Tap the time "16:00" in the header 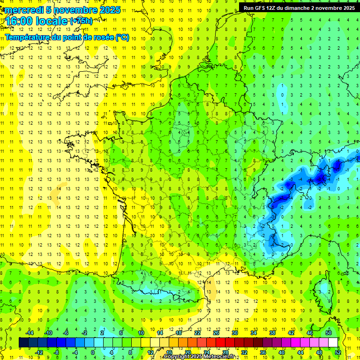(19, 22)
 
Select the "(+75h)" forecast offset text (81, 21)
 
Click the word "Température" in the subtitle (27, 37)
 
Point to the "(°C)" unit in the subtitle (122, 37)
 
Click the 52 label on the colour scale (338, 352)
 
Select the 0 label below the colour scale (93, 352)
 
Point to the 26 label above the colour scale (216, 333)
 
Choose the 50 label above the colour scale (329, 333)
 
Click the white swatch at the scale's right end (333, 343)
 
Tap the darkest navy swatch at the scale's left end (23, 343)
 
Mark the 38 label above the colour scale (272, 333)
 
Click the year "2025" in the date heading (107, 10)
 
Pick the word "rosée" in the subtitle (103, 37)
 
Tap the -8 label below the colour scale (56, 352)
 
